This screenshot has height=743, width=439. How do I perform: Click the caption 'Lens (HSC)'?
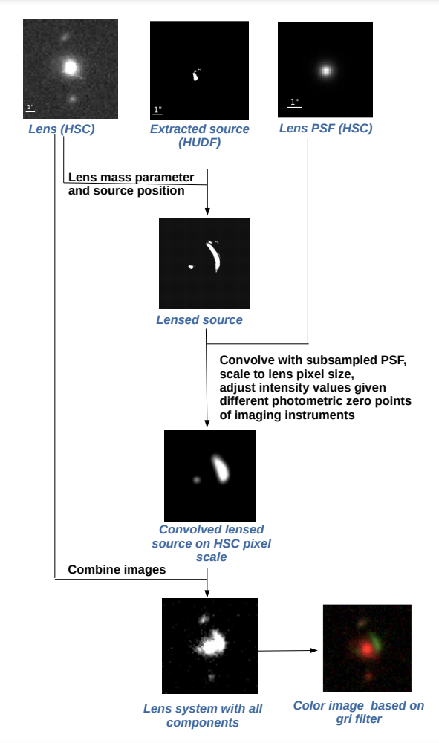coord(62,129)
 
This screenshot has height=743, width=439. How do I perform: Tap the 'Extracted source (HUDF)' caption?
coord(199,135)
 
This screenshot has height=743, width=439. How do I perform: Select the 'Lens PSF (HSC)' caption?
coord(326,129)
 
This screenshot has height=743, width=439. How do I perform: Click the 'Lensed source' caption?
coord(199,319)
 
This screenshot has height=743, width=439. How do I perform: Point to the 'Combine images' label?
coord(117,570)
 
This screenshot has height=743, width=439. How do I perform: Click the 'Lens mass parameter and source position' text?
coord(131,184)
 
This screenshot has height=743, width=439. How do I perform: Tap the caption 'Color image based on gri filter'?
coord(359,713)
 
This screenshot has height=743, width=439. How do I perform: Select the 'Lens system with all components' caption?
coord(203,716)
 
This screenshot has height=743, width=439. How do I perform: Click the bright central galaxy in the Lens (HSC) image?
coord(70,68)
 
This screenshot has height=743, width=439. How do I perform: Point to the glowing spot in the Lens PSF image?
coord(326,71)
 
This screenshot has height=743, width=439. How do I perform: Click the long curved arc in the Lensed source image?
coord(214,256)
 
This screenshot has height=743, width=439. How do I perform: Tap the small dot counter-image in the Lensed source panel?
coord(192,267)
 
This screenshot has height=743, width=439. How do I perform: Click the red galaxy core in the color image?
coord(366,648)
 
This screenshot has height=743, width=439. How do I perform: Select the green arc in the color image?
coord(376,641)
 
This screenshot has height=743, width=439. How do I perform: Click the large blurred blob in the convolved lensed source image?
coord(220,468)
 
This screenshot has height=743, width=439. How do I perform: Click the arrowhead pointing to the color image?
coord(313,650)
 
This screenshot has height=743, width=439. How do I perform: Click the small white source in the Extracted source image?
coord(195,75)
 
